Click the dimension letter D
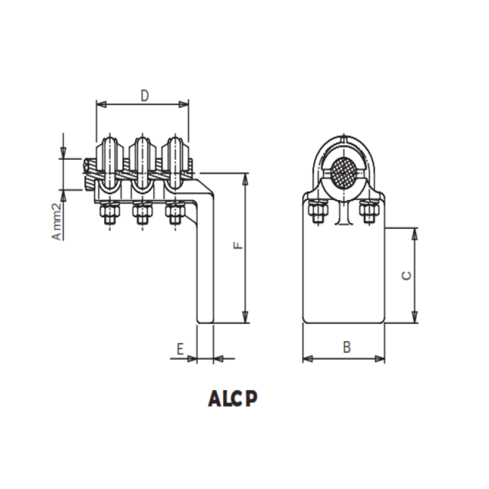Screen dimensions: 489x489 (x=144, y=96)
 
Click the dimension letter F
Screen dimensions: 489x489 (x=239, y=246)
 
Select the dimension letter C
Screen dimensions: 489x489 (x=407, y=275)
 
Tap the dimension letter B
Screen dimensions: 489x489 (x=346, y=347)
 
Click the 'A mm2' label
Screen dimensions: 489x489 (x=56, y=221)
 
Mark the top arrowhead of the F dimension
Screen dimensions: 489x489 (x=245, y=178)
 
